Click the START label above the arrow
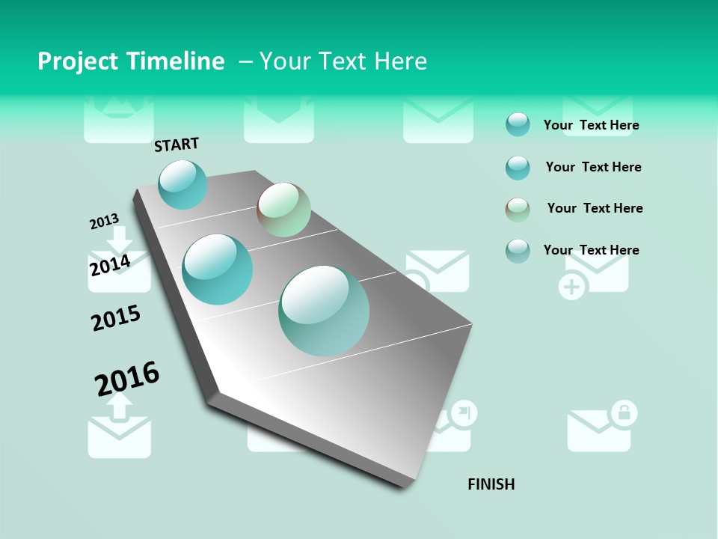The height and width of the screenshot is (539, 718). [177, 144]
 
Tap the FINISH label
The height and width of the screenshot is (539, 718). [491, 484]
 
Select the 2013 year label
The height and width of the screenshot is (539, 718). [104, 222]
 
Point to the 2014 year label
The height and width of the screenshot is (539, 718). [110, 265]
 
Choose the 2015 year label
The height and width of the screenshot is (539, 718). [116, 318]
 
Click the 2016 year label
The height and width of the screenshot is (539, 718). [127, 378]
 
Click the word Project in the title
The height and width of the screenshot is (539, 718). [79, 61]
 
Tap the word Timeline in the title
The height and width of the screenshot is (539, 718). [177, 61]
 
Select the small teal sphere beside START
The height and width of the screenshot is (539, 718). [182, 184]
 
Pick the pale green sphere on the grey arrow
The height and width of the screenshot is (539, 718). [283, 210]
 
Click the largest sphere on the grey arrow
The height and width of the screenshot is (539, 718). [324, 310]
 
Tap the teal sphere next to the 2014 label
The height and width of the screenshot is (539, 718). [218, 269]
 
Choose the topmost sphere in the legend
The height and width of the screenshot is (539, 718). [518, 124]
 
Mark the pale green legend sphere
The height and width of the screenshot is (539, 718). [518, 209]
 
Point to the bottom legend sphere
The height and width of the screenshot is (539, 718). [518, 250]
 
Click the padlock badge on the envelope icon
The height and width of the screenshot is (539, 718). [624, 412]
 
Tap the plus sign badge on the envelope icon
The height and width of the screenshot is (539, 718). [573, 287]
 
